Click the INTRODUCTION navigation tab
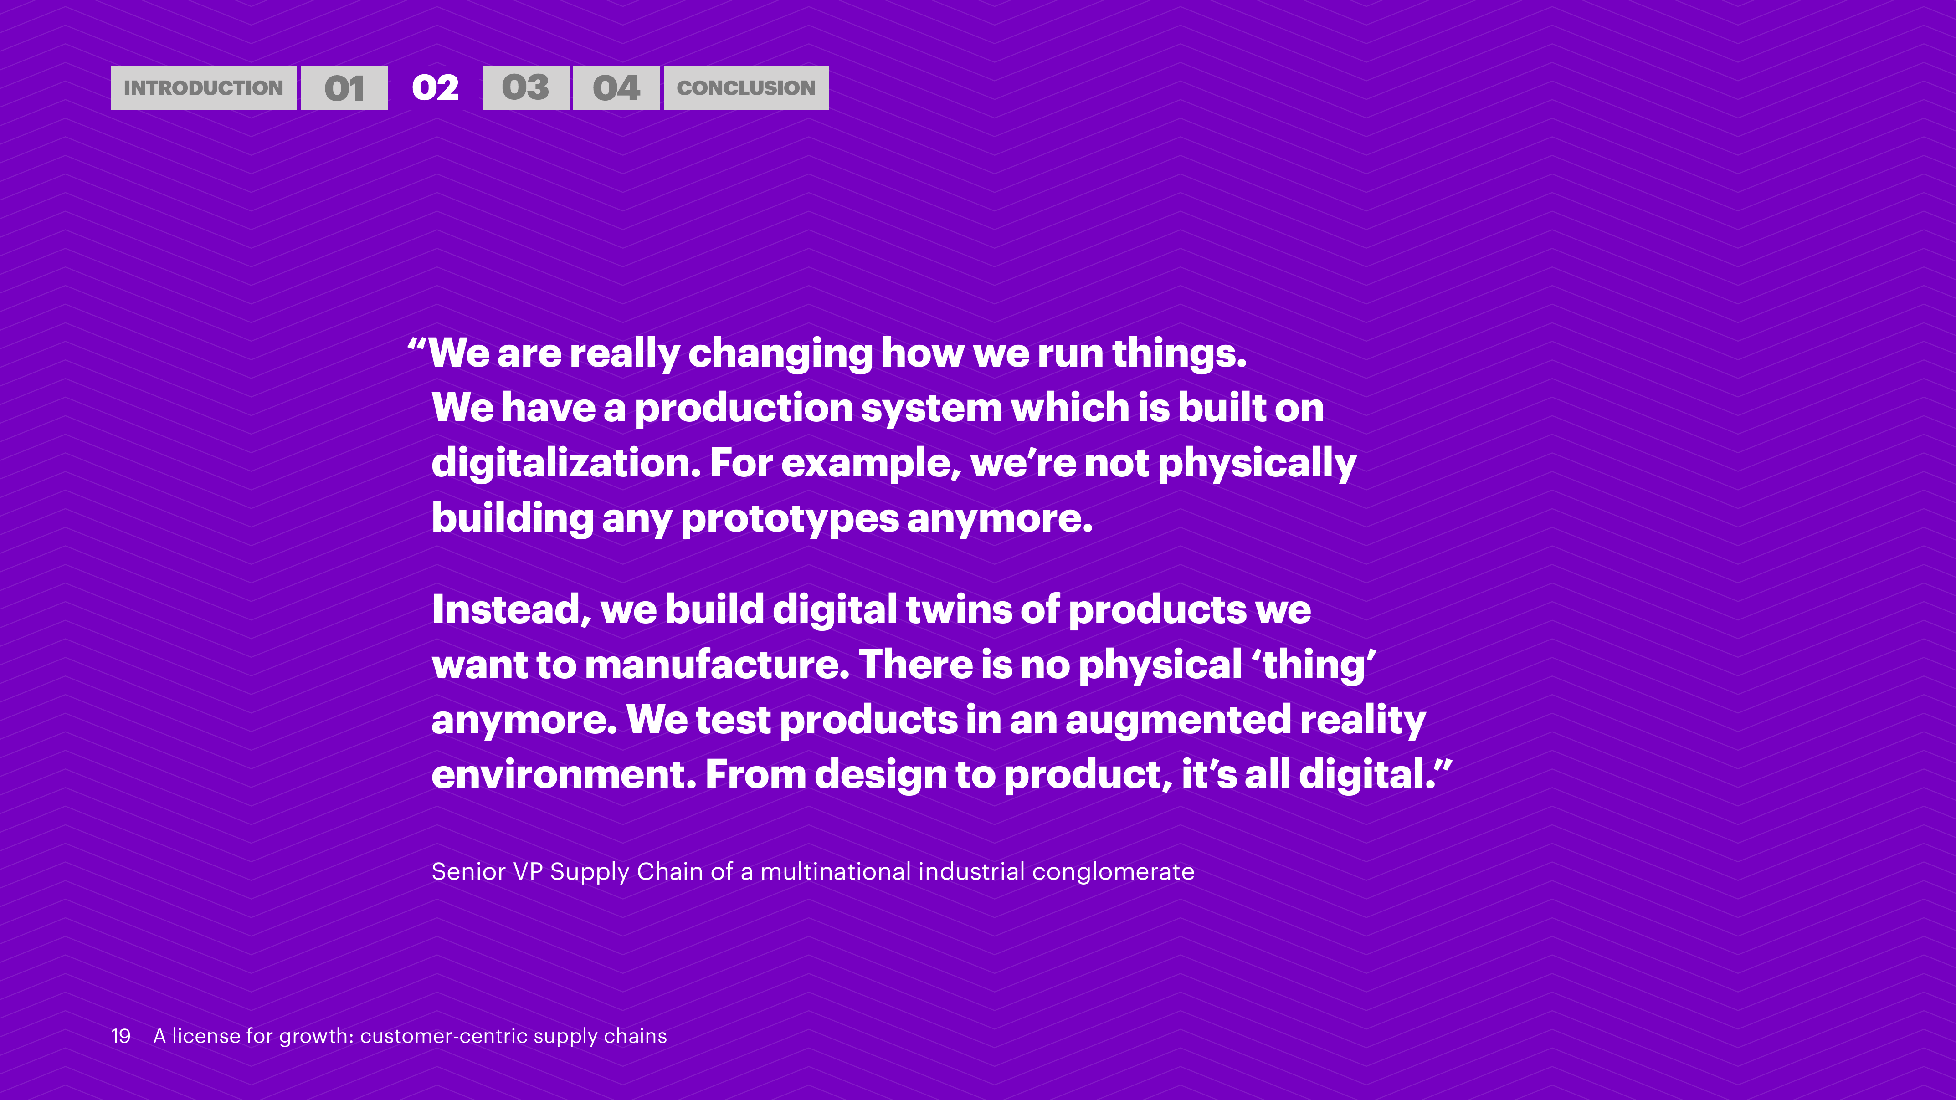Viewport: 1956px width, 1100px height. click(x=204, y=88)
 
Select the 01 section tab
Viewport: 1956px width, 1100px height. click(x=344, y=88)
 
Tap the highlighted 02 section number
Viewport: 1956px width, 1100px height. click(x=435, y=88)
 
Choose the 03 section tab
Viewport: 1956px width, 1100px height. click(x=525, y=88)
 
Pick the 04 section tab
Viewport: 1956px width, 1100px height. click(x=616, y=88)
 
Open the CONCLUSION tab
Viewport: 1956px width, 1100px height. click(x=746, y=88)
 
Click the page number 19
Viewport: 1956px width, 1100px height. click(x=121, y=1036)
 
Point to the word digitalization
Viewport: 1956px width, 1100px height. click(x=566, y=464)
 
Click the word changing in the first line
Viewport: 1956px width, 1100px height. click(x=780, y=354)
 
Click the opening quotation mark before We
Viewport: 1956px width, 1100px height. click(x=417, y=344)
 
